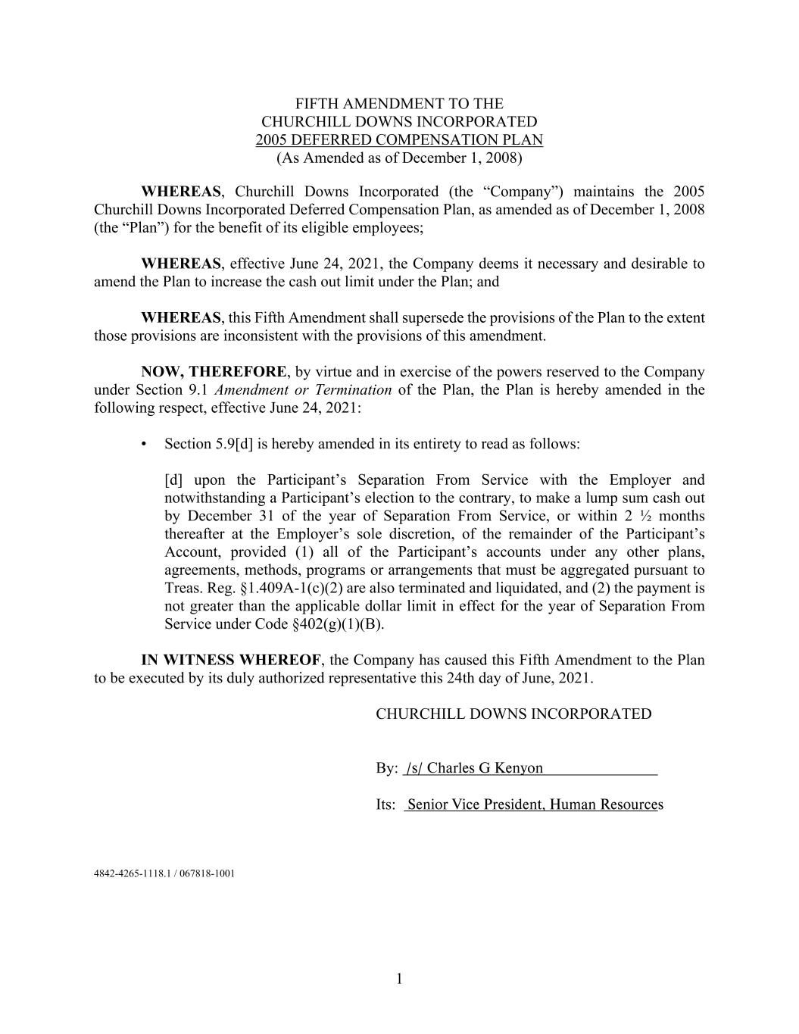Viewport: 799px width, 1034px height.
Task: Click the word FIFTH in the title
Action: [x=313, y=104]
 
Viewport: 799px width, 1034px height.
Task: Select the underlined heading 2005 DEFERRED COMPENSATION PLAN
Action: [x=399, y=140]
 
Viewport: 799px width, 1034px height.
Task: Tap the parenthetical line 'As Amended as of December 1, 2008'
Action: [x=399, y=158]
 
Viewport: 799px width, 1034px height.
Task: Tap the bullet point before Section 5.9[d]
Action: [x=144, y=444]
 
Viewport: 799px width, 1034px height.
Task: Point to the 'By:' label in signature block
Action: [x=386, y=768]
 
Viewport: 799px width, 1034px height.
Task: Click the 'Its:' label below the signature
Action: [x=385, y=804]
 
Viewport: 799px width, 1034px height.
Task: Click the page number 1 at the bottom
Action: [x=399, y=979]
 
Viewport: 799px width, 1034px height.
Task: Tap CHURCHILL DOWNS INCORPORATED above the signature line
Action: [x=513, y=714]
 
